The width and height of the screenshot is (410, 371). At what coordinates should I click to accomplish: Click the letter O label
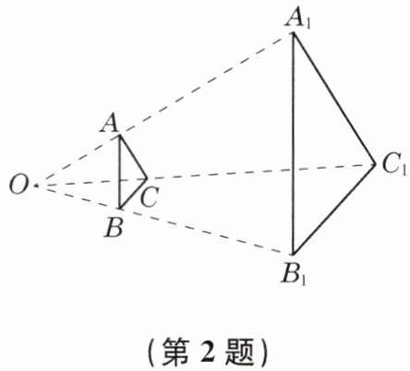(18, 185)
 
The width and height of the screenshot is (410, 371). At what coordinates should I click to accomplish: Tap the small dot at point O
(37, 185)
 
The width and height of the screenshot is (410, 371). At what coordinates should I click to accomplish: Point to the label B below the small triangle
(114, 228)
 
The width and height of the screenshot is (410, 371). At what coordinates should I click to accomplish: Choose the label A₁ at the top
(298, 19)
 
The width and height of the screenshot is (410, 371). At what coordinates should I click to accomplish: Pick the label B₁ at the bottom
(294, 275)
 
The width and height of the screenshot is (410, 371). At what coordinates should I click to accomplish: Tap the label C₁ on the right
(394, 164)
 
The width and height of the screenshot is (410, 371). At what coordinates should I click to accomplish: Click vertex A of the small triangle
(120, 136)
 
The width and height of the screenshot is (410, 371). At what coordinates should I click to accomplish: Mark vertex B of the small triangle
(120, 209)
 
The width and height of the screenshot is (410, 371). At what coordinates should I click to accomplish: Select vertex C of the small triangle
(147, 178)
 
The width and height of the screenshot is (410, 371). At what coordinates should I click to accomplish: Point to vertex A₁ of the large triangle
(294, 33)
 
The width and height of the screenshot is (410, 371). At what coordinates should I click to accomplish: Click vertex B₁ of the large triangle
(293, 254)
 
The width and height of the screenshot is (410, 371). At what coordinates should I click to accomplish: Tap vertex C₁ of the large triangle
(375, 164)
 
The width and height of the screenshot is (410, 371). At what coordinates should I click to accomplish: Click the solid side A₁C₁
(334, 99)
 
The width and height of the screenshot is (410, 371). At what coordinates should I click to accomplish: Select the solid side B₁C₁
(334, 209)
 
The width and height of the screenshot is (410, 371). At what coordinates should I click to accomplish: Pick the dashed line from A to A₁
(207, 84)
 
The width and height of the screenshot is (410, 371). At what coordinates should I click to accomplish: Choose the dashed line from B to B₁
(206, 232)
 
